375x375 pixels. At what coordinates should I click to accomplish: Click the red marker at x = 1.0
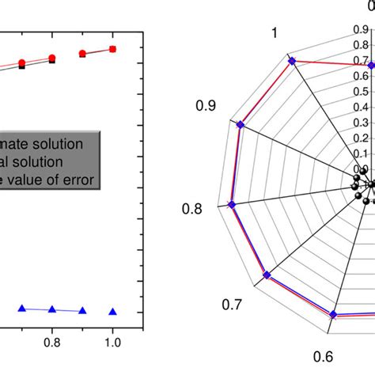click(112, 49)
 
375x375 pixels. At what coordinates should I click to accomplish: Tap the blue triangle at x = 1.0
click(112, 312)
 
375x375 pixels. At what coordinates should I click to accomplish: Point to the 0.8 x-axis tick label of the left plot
click(52, 342)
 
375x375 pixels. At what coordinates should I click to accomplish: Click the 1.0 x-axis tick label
click(112, 342)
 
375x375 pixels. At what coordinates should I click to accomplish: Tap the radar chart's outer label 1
click(274, 32)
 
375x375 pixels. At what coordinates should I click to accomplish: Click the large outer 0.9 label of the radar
click(206, 104)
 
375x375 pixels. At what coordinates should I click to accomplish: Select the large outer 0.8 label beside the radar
click(192, 210)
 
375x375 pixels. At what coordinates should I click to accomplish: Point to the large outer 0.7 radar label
click(232, 305)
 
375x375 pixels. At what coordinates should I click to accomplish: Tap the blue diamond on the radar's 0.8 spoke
click(231, 204)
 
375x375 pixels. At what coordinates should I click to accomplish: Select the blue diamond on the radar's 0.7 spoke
click(267, 275)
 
